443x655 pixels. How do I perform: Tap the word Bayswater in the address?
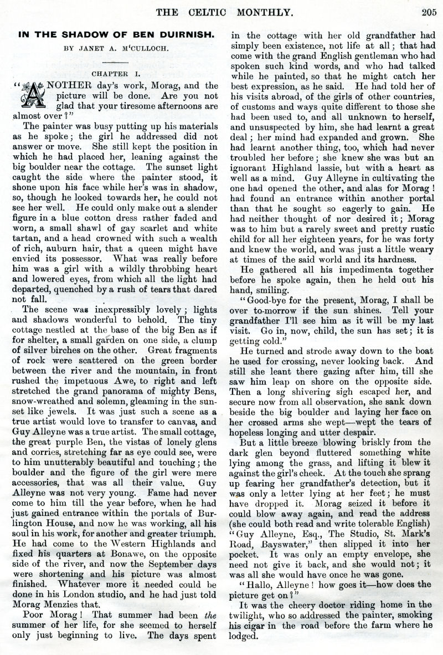pyautogui.click(x=268, y=536)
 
